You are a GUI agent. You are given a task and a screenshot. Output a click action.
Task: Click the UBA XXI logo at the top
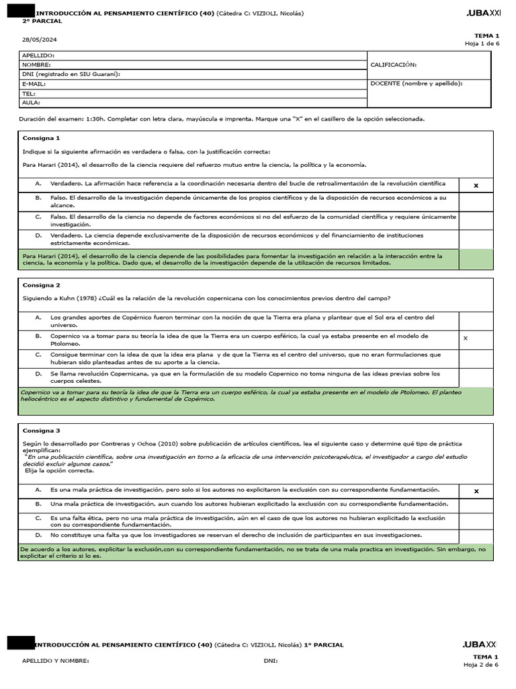point(483,13)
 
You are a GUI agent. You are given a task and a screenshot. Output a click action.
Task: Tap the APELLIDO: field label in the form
point(38,55)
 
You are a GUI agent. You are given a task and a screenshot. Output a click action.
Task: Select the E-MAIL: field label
point(34,84)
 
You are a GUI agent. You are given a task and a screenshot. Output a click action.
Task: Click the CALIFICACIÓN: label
point(394,65)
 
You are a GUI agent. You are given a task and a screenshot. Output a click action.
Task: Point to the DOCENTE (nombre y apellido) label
point(417,83)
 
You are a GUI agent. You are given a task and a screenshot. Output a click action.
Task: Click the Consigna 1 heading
point(41,138)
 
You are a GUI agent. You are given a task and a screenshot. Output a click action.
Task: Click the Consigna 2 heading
point(41,285)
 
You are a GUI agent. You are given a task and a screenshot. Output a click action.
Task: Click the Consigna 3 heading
point(41,431)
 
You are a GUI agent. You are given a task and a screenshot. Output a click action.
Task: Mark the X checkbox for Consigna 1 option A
point(476,185)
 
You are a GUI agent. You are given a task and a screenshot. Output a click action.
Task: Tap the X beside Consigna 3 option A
point(476,491)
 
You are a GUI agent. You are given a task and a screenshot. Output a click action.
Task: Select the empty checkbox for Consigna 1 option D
point(476,239)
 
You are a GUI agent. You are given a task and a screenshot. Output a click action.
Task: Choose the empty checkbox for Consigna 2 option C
point(476,358)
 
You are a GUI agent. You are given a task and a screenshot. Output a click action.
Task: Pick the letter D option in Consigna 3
point(39,536)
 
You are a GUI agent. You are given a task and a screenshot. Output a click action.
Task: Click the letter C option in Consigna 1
point(39,217)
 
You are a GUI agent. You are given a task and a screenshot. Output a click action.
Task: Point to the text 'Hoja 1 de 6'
point(482,44)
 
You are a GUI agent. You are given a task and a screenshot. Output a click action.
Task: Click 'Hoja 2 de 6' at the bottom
point(480,665)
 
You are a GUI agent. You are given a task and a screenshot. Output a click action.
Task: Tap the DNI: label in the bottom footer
point(271,661)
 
